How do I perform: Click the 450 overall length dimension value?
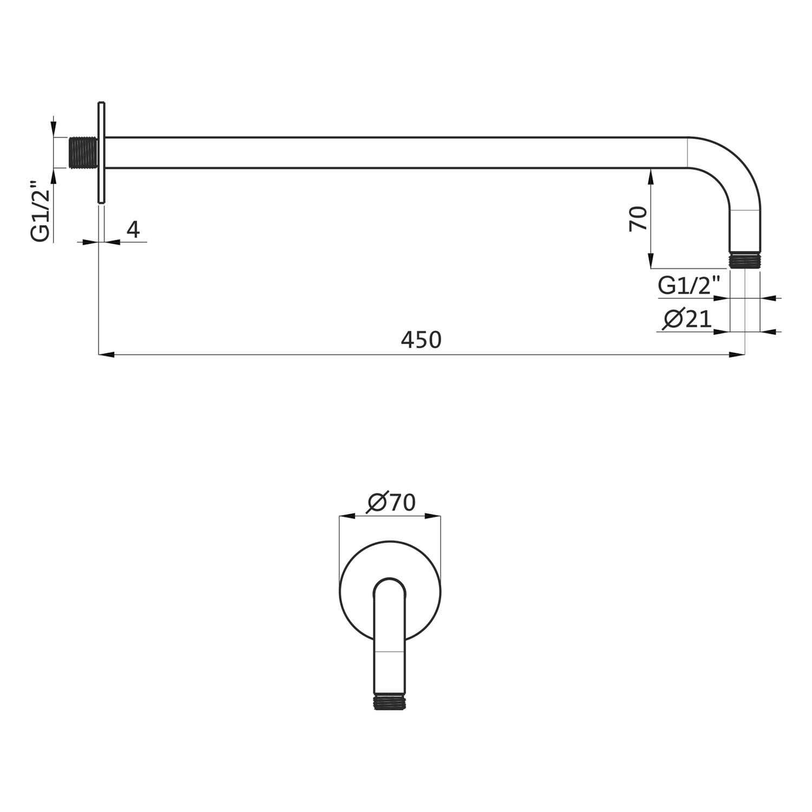[421, 339]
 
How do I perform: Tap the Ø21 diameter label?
[687, 319]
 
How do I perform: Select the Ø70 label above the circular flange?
[391, 503]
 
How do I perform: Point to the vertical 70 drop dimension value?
[639, 218]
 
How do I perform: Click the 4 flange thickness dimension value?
[133, 230]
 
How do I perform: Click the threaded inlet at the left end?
[83, 153]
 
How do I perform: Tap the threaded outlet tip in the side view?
[744, 260]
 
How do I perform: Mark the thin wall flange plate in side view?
[101, 153]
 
